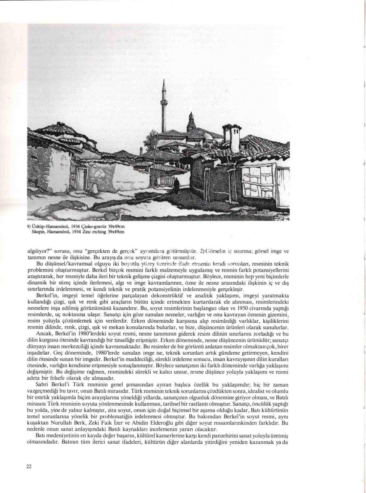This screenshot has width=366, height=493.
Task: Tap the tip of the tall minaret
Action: pyautogui.click(x=163, y=80)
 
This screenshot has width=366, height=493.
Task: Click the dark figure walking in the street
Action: pyautogui.click(x=177, y=185)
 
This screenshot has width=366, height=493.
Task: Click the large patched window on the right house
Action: pyautogui.click(x=257, y=181)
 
